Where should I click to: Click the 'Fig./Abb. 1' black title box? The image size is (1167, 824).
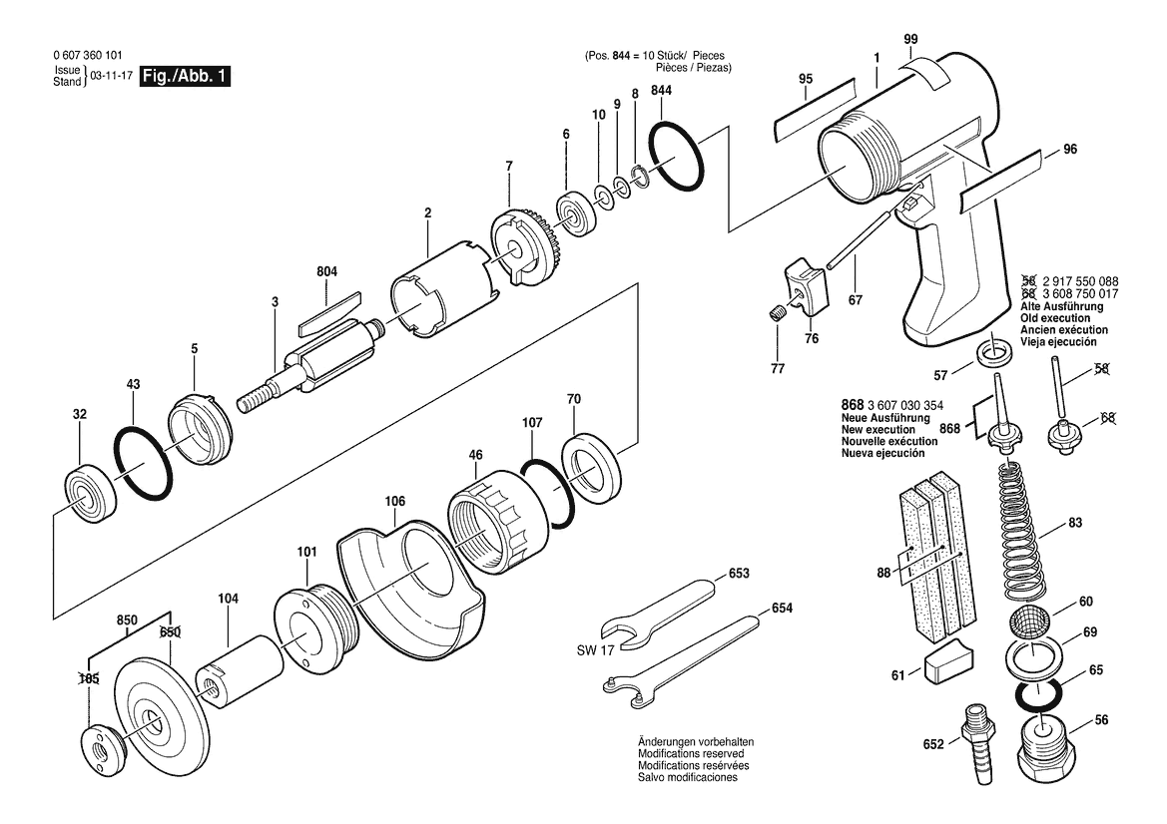[186, 76]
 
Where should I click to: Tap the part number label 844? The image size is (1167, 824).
[661, 90]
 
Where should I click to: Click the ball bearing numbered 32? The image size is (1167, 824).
[89, 494]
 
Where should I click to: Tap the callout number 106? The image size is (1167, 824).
[395, 501]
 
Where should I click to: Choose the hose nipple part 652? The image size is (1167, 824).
[980, 741]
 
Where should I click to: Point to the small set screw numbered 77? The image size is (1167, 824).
[777, 315]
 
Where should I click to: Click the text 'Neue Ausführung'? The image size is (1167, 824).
[885, 418]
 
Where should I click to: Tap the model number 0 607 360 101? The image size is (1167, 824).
[89, 55]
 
